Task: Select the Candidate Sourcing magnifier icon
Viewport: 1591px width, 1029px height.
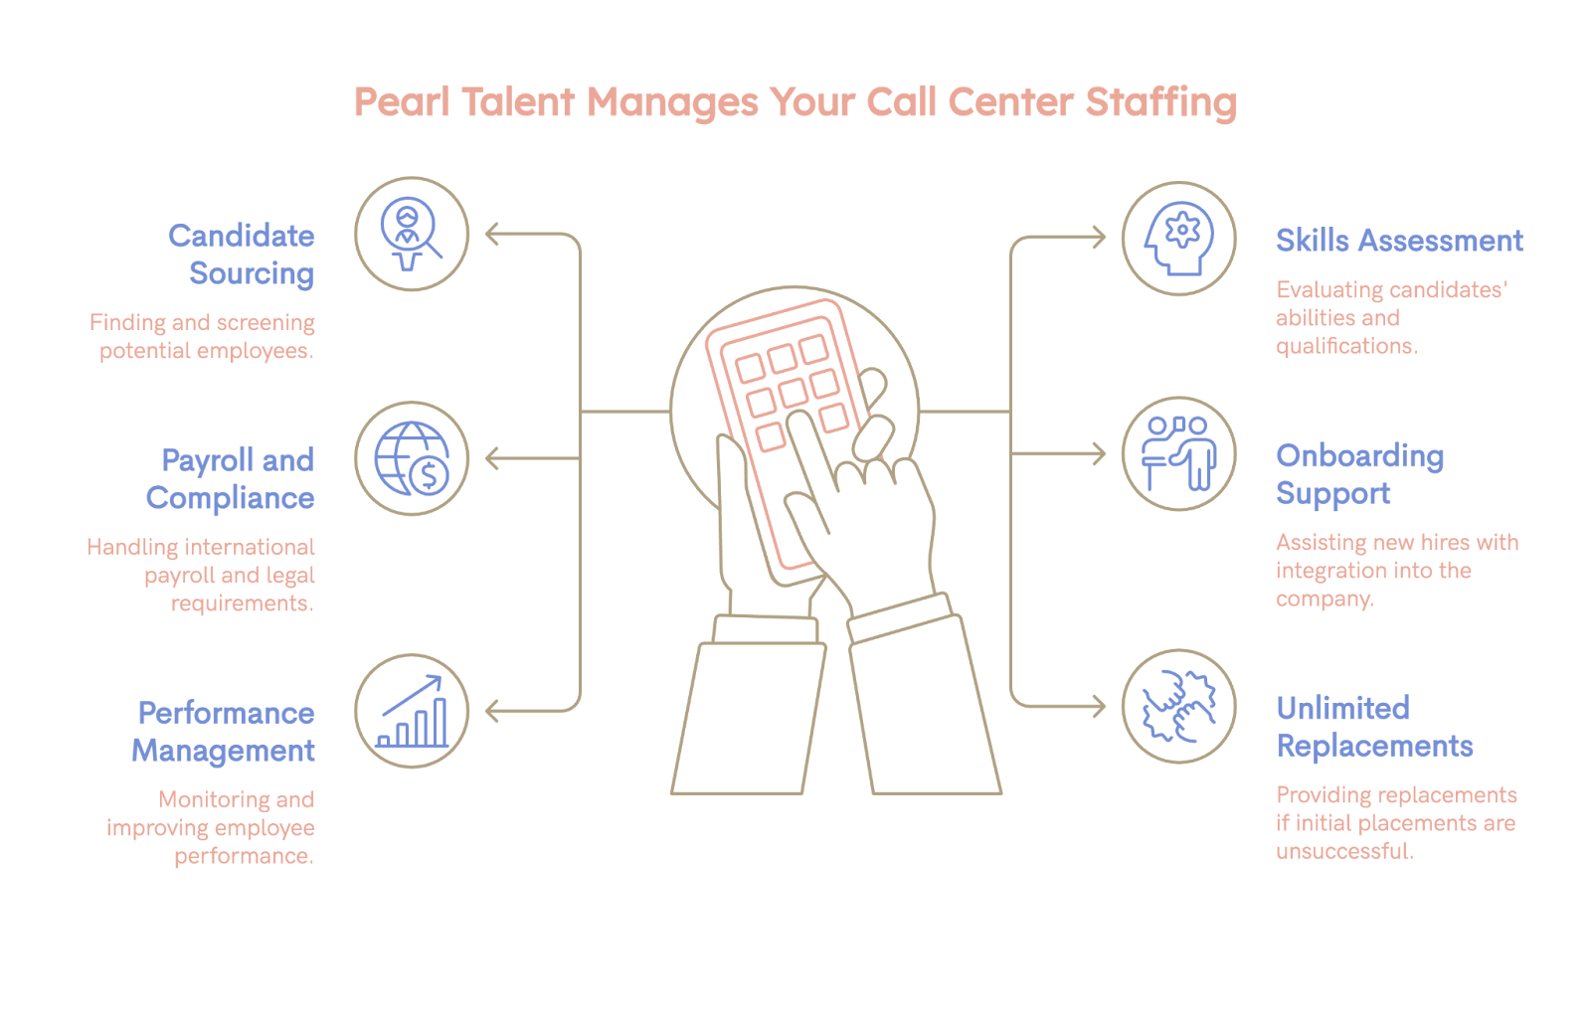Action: (412, 234)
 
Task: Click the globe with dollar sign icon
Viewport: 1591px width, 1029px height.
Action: (412, 458)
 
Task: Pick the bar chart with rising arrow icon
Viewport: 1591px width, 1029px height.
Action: (412, 711)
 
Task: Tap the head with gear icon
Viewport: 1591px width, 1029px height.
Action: (1178, 239)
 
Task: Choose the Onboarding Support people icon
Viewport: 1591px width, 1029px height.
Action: (1178, 454)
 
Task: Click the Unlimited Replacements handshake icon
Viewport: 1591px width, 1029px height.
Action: (1178, 707)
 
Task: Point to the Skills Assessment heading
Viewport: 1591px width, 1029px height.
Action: (1399, 241)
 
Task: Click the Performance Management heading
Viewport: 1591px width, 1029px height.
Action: (225, 732)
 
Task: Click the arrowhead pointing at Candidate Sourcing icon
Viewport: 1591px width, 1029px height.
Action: (491, 235)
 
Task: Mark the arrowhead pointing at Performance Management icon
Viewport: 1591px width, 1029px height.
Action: (491, 711)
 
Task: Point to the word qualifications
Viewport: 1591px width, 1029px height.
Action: (1345, 346)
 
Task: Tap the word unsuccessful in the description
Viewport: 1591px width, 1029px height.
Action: (1343, 851)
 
